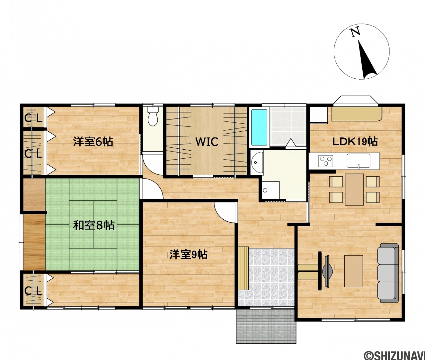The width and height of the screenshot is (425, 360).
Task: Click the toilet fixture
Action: click(x=152, y=116)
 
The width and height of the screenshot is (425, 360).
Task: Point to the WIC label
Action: click(x=207, y=142)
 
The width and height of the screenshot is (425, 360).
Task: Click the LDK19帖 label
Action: click(x=355, y=142)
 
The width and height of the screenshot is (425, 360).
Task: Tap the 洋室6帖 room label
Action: click(x=93, y=142)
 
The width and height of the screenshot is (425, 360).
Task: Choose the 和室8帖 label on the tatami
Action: click(x=94, y=225)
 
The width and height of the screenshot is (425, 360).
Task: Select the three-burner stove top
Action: click(x=326, y=161)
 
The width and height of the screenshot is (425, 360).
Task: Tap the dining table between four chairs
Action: click(x=354, y=189)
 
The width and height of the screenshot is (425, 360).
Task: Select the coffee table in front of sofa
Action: click(x=353, y=271)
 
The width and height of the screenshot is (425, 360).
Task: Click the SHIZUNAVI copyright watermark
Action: click(x=394, y=354)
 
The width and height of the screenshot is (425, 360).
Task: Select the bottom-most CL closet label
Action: click(x=33, y=291)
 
